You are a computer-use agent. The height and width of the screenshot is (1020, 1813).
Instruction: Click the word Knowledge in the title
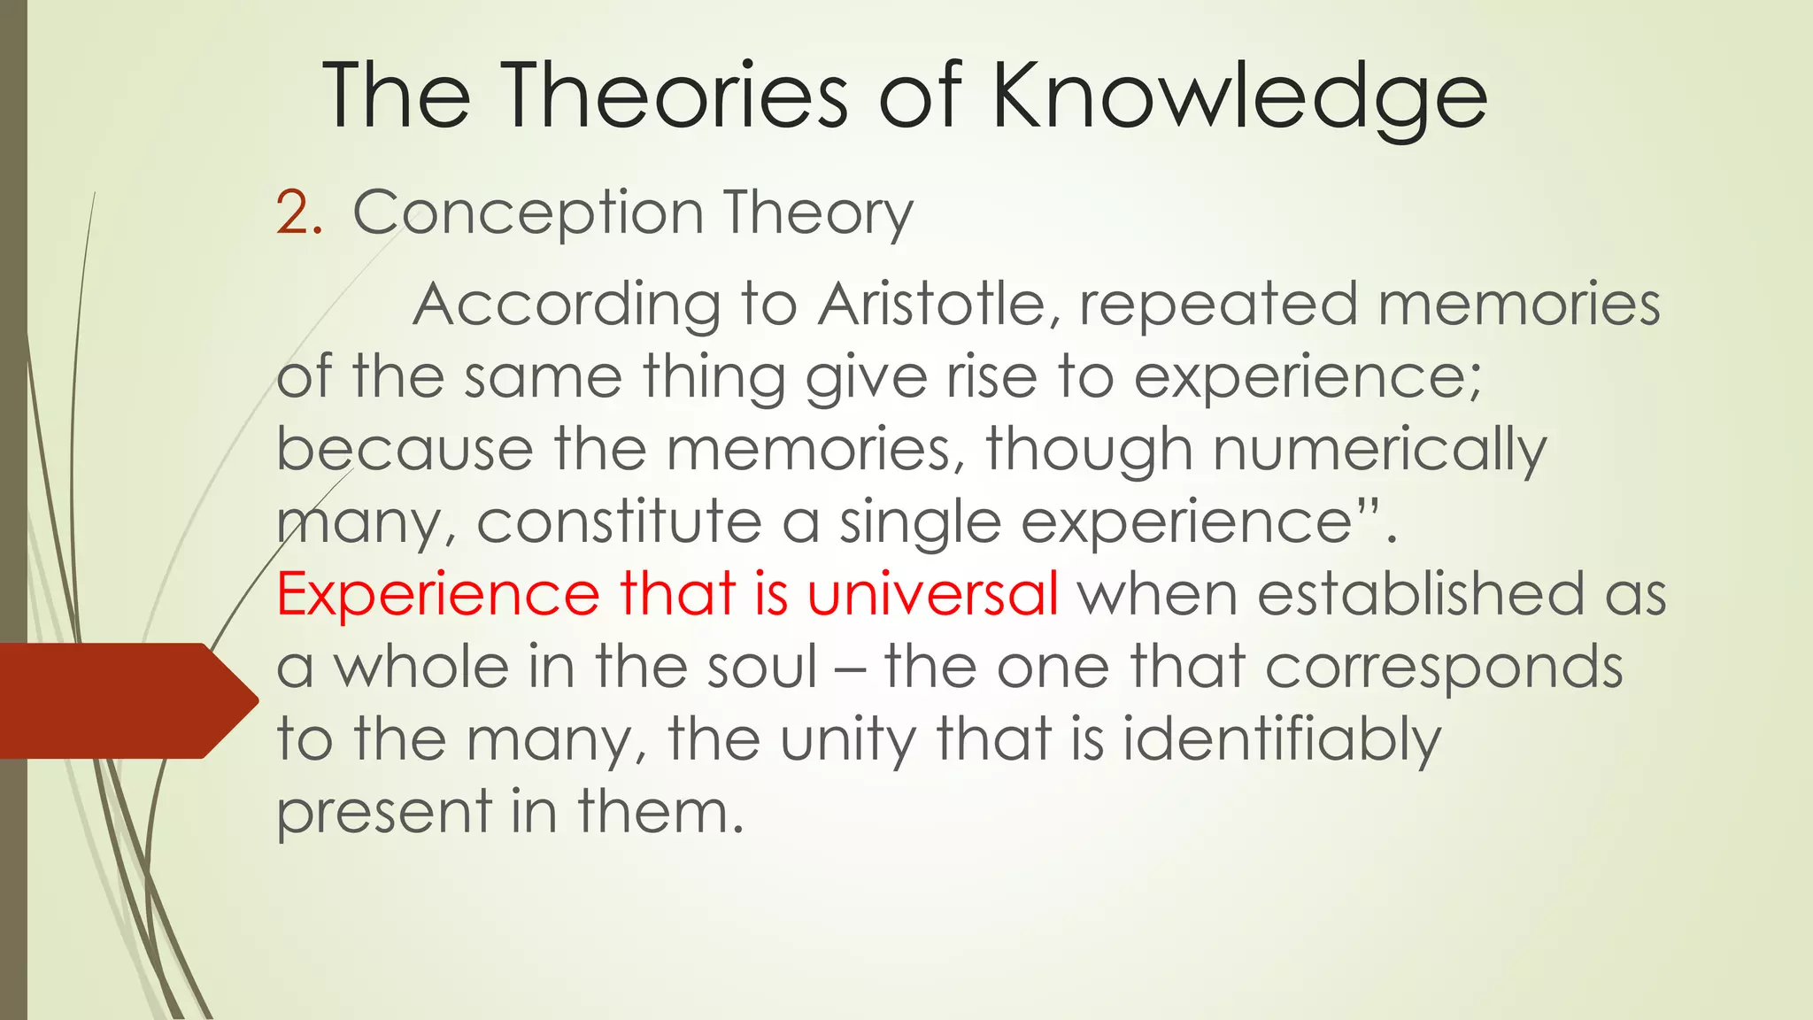click(x=1239, y=97)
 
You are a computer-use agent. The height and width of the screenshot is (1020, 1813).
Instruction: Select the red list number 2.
click(x=298, y=213)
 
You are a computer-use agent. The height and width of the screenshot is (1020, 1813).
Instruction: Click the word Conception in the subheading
click(x=528, y=215)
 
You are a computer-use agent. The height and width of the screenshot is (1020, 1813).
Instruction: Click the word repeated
click(x=1218, y=305)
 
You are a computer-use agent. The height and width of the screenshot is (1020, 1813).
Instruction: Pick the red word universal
click(x=932, y=593)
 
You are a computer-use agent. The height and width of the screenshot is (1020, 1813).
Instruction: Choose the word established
click(x=1420, y=593)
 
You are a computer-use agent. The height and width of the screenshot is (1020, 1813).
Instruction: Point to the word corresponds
click(x=1444, y=668)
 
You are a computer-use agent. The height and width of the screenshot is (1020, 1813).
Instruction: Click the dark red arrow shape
click(x=124, y=700)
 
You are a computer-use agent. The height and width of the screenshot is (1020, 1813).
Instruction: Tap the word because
click(x=405, y=450)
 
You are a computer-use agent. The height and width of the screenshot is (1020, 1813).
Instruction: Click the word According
click(x=567, y=306)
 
